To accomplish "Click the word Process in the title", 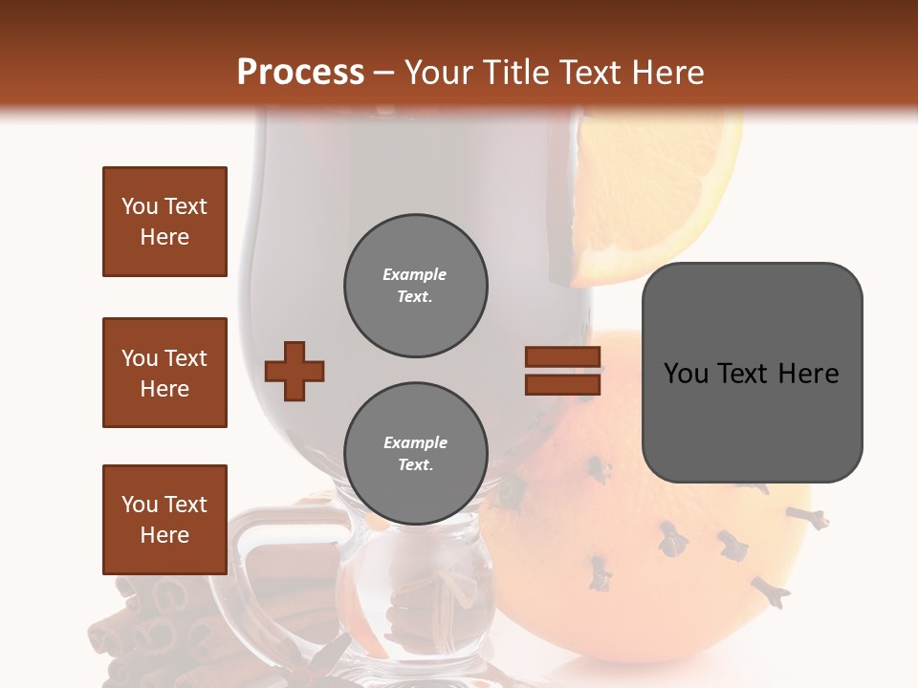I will coord(300,73).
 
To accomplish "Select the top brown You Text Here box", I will coord(164,222).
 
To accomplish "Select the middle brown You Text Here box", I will coord(164,373).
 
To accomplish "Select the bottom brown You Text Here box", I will coord(164,520).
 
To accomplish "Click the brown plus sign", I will coord(295,371).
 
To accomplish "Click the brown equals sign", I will coord(562,371).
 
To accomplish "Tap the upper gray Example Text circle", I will coord(415,286).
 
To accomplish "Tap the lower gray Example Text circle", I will coord(415,454).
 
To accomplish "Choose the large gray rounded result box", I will coord(752,373).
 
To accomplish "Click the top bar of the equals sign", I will coord(562,357).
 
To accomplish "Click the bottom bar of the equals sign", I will coord(562,384).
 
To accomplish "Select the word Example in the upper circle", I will coord(414,275).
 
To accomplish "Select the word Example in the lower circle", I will coord(415,443).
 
